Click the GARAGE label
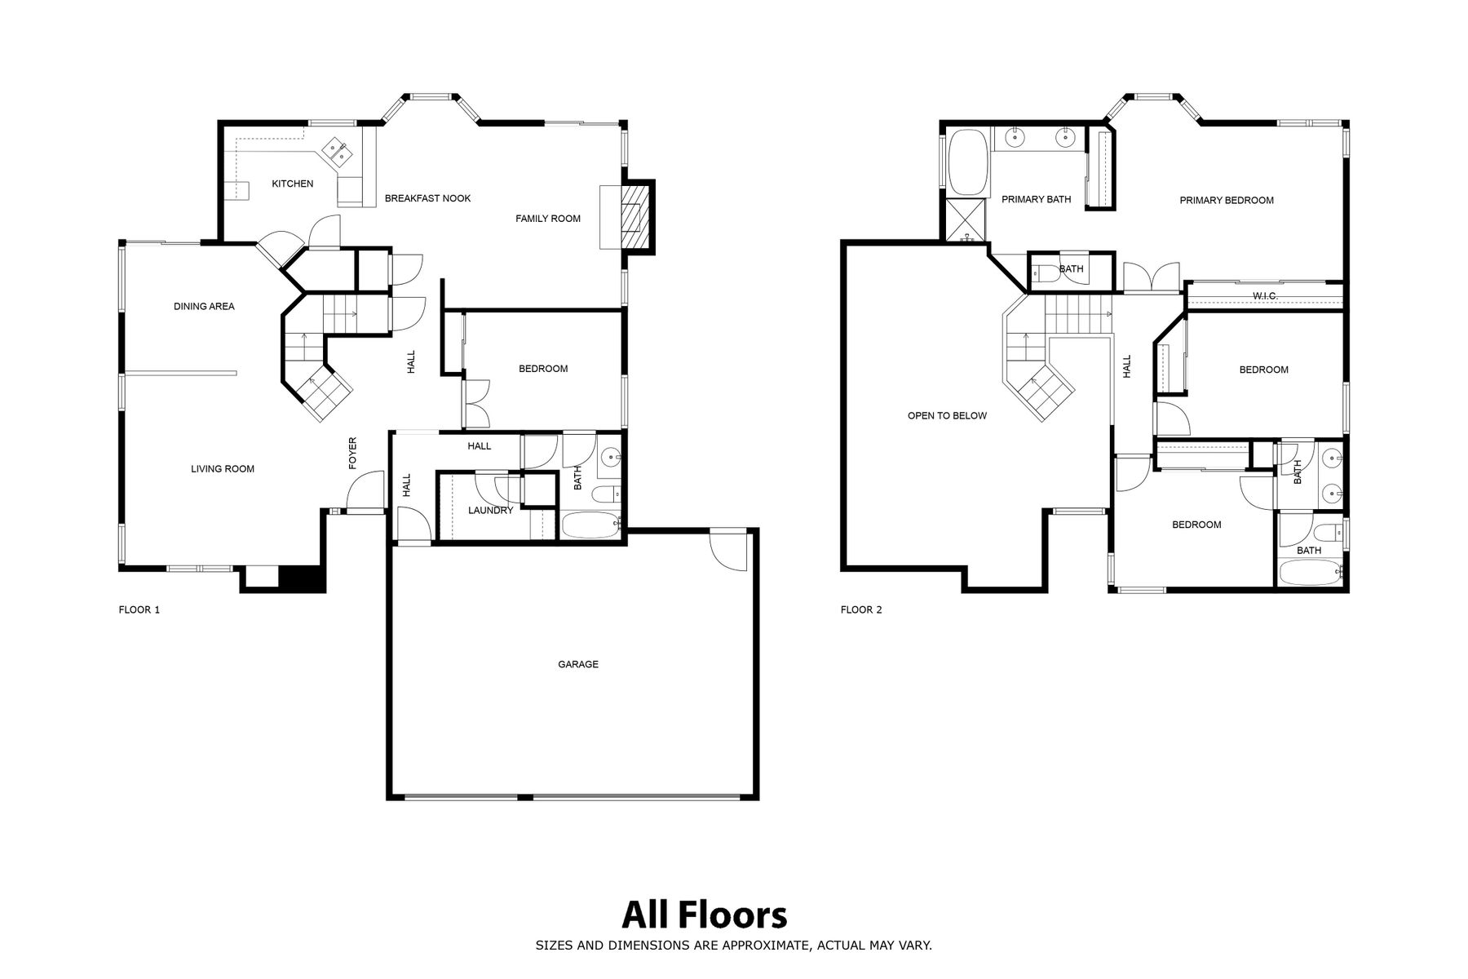578,664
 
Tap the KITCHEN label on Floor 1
293,184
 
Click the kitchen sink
337,152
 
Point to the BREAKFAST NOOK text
427,198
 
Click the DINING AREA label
204,307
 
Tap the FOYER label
353,453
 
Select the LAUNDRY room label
491,511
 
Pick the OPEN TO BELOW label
947,416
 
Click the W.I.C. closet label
1264,295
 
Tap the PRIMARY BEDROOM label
1227,201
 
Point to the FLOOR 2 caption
861,609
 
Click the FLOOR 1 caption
139,609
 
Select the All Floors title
705,915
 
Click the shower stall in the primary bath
966,220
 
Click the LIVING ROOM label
223,469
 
